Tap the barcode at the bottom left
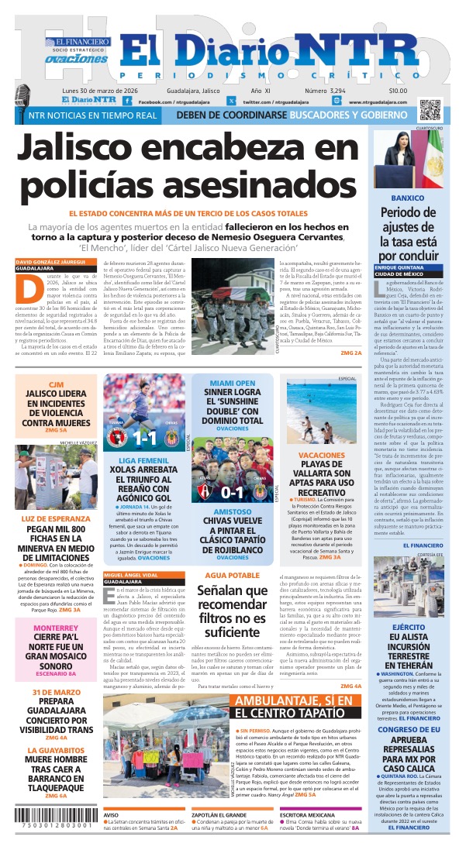tap(49, 824)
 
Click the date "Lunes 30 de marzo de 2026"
tap(108, 91)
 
